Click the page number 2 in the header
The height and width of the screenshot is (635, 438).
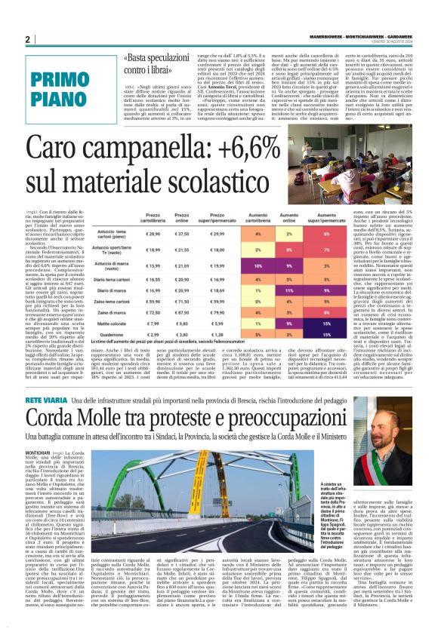(28, 40)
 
